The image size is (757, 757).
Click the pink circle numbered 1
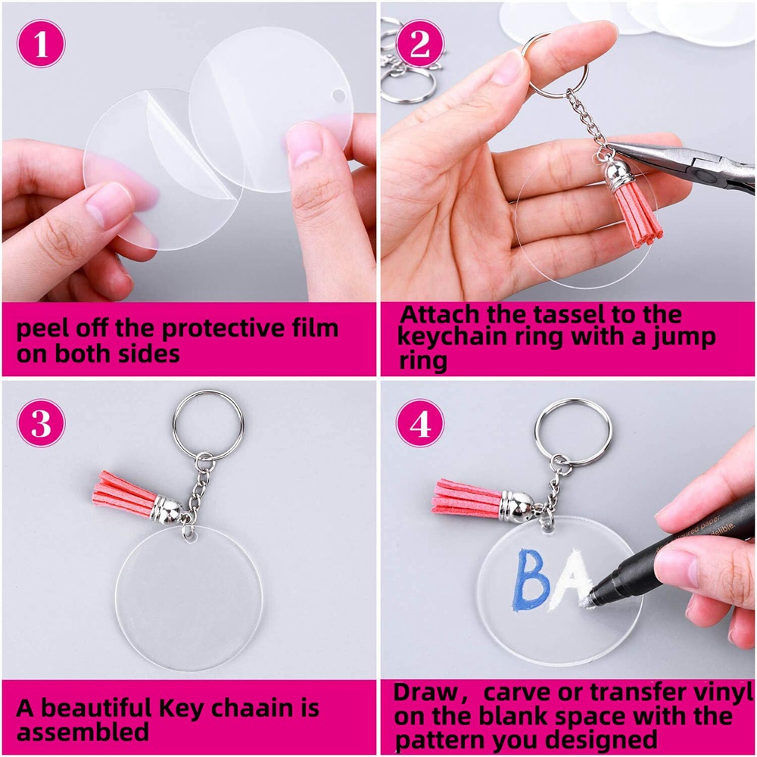pos(41,43)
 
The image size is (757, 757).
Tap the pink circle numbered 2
pos(420,43)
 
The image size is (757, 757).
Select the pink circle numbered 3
pos(41,422)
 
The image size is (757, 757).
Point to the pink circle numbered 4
pos(420,423)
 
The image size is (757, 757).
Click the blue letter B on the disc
pos(531,581)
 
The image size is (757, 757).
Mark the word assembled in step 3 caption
pos(83,732)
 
